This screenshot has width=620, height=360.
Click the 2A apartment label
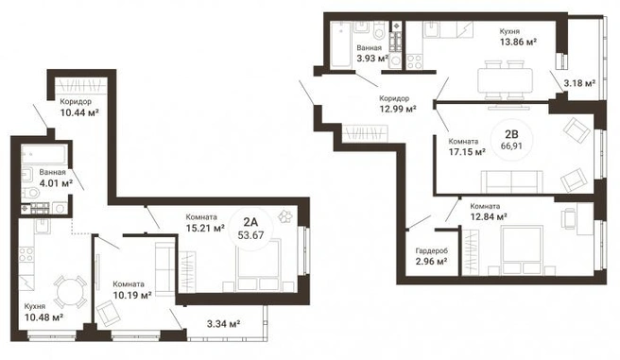pos(251,221)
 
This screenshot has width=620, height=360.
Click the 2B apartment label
pos(511,133)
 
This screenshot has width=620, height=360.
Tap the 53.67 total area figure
pos(250,235)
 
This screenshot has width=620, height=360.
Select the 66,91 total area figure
pos(511,146)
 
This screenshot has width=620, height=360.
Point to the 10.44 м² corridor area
pos(79,113)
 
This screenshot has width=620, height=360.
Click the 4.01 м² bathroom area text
pos(56,183)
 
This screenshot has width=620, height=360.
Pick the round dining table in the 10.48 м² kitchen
pos(70,292)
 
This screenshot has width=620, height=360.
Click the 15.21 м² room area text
pos(205,228)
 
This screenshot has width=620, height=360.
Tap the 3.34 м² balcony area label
pos(224,324)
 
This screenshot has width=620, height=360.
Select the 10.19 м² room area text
pos(132,295)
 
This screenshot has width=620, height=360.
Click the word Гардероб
pos(432,251)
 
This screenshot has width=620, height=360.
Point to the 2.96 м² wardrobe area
pos(431,261)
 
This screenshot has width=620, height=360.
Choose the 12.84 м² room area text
pos(489,217)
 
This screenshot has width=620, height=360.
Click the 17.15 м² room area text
pos(467,152)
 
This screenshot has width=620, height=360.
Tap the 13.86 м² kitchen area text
pos(518,42)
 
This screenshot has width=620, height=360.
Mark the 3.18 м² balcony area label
pos(579,83)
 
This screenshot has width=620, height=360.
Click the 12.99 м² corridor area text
pos(398,109)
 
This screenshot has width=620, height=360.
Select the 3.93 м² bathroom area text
pos(372,59)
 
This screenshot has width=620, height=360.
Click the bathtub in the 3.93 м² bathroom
pos(339,44)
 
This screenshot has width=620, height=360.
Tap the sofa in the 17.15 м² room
pos(511,181)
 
